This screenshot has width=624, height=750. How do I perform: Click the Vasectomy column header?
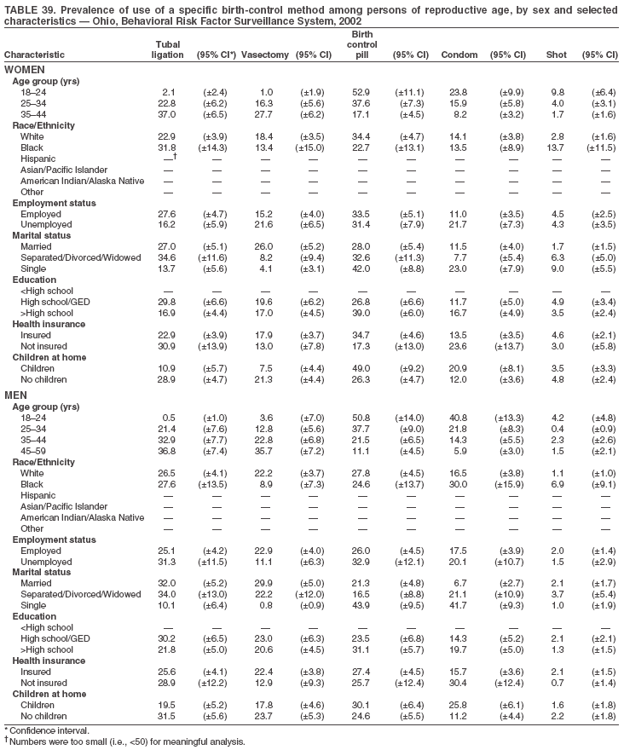coord(264,55)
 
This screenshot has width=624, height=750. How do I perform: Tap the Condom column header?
coord(459,55)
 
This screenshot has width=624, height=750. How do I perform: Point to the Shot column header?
coord(556,55)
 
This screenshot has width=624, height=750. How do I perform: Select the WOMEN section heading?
coord(25,69)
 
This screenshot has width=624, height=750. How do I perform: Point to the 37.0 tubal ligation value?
coord(166,113)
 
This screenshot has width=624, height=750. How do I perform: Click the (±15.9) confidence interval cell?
coord(507,484)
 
